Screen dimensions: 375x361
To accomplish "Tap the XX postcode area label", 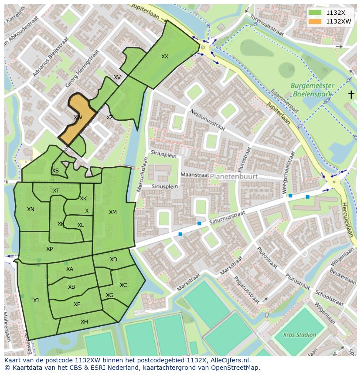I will (x=165, y=57).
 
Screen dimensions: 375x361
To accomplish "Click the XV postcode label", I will (x=117, y=78).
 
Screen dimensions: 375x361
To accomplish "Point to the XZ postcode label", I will (x=110, y=118).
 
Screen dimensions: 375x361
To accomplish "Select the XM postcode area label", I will (x=113, y=212).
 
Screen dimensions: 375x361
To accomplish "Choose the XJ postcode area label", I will (x=36, y=300).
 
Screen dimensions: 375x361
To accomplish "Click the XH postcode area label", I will (x=84, y=322).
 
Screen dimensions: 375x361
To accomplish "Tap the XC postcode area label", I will (x=123, y=285).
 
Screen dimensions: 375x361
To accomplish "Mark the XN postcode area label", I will (x=31, y=209).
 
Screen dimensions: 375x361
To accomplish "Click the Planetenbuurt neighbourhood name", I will (x=234, y=176).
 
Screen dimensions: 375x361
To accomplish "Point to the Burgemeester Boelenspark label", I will (x=313, y=90).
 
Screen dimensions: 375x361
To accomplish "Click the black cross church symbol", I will (x=351, y=95).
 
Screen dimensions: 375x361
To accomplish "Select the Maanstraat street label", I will (x=192, y=175).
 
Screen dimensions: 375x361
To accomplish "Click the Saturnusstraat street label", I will (x=227, y=217).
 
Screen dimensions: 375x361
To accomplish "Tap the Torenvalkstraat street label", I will (x=266, y=26).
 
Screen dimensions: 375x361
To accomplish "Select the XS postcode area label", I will (x=55, y=171).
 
